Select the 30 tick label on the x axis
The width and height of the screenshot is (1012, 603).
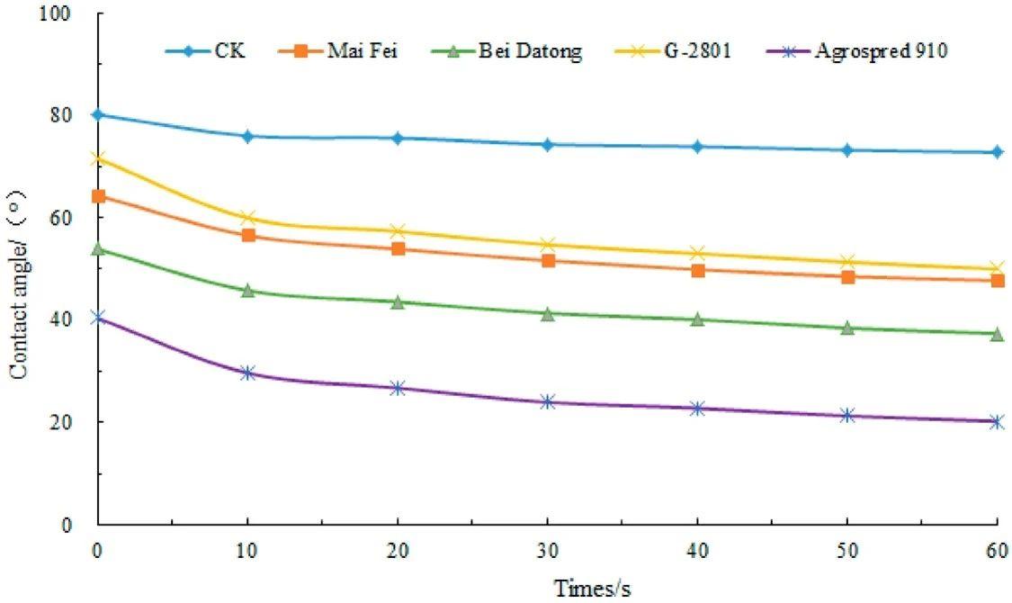tap(547, 550)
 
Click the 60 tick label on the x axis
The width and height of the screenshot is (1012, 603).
tap(996, 550)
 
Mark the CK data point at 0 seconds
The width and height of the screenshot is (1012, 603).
tap(98, 114)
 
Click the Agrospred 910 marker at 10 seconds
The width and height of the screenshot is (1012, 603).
tap(248, 373)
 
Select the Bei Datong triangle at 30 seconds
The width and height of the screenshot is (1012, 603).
tap(547, 313)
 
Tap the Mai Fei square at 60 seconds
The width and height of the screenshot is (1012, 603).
tap(996, 281)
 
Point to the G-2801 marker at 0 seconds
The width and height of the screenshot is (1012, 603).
tap(98, 158)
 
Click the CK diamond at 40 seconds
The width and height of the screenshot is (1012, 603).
tap(697, 147)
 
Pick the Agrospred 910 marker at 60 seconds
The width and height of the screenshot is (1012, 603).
tap(996, 421)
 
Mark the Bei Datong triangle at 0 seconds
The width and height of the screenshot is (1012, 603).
tap(98, 248)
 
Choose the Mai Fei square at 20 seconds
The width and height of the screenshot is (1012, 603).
tap(398, 248)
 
